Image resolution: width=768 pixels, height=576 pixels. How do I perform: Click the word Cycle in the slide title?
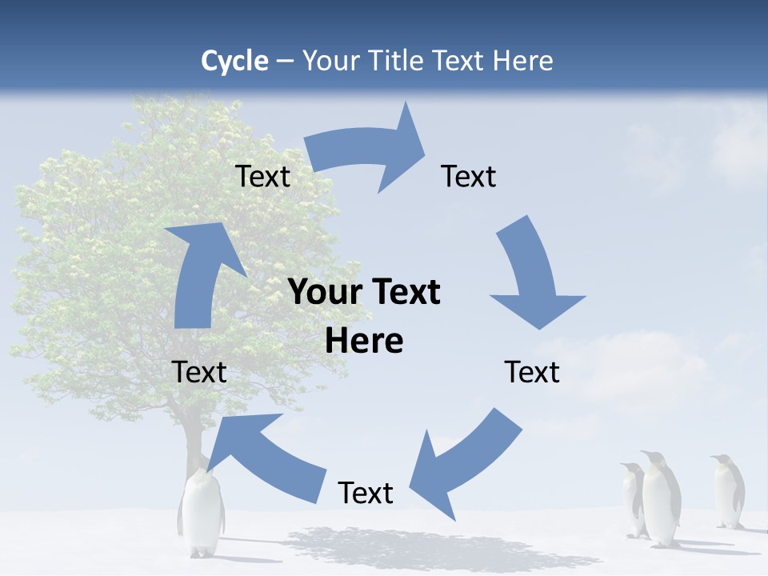[234, 61]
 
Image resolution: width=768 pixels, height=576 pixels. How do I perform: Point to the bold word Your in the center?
[324, 293]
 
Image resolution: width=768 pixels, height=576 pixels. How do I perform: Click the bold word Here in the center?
[364, 341]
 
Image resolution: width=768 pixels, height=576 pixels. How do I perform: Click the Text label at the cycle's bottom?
[366, 493]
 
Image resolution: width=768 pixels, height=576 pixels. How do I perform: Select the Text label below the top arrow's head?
[469, 176]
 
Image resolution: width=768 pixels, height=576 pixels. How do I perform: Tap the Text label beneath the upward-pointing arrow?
[199, 372]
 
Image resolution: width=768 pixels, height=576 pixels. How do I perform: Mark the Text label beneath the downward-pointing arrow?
[532, 372]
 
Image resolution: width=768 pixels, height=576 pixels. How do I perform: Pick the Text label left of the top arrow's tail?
[262, 176]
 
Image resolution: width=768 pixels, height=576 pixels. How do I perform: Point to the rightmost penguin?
[728, 491]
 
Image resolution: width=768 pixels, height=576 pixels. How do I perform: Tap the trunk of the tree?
[193, 440]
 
